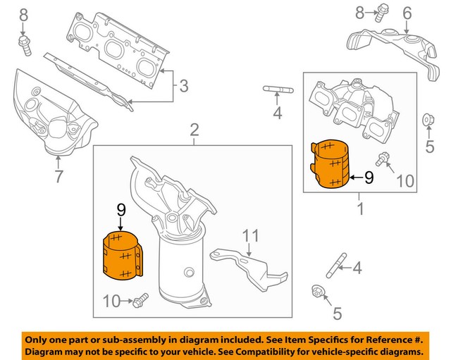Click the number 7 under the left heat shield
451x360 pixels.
pos(58,175)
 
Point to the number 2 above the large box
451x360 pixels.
pos(194,129)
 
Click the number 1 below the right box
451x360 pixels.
pos(361,209)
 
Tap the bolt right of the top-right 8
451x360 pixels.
pos(383,11)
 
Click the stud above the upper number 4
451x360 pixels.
pos(277,89)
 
